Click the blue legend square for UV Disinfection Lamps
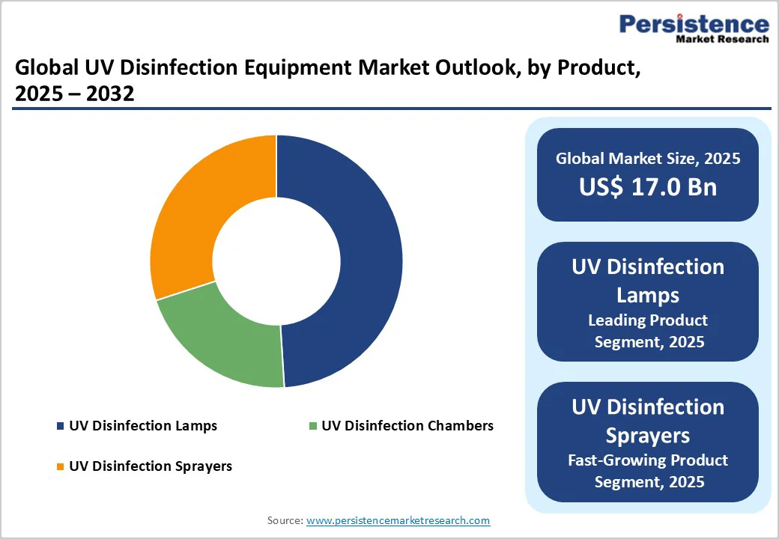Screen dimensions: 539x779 (60, 426)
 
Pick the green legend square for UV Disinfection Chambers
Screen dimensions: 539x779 (313, 426)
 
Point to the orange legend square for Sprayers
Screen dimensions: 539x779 (60, 466)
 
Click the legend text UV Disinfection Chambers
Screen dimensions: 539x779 (407, 426)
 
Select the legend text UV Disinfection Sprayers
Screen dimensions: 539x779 (151, 466)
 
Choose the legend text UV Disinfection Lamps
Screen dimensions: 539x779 (143, 426)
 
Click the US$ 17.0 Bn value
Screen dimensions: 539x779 (648, 186)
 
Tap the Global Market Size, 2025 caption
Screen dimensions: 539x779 (648, 158)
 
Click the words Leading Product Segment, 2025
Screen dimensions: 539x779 (648, 331)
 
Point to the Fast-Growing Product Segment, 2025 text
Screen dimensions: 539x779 (648, 470)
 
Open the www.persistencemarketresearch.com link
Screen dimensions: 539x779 (398, 520)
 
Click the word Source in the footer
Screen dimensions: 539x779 (284, 520)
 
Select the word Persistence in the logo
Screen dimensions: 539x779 (694, 24)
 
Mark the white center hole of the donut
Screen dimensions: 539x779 (276, 261)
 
